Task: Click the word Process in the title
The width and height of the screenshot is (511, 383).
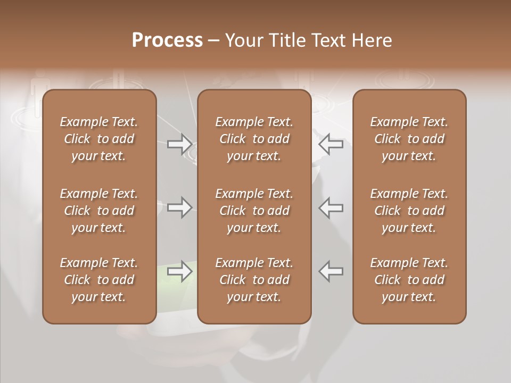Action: pos(167,40)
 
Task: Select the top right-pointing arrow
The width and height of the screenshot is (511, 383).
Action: pos(180,144)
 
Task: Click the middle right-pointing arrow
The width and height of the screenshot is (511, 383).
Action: pos(180,207)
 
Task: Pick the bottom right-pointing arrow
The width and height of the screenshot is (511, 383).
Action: pos(180,271)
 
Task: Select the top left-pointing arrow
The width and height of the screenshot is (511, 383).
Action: pos(331,144)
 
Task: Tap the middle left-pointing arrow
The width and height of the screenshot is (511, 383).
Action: pos(331,207)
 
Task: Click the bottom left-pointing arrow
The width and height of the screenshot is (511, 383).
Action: pos(331,271)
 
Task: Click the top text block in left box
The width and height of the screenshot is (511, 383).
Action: pos(99,139)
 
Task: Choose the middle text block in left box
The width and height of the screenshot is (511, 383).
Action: pos(99,211)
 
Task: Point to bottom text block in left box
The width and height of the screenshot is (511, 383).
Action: pos(99,280)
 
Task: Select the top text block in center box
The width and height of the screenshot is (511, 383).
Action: pos(254,139)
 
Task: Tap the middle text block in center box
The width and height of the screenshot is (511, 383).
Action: pos(254,211)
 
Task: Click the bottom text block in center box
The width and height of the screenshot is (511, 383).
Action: pos(254,280)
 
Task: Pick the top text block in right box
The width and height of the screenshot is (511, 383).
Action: pos(409,139)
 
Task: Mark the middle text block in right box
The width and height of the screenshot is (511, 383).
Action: pos(409,211)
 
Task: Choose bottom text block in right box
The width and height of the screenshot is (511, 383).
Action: pos(409,280)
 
